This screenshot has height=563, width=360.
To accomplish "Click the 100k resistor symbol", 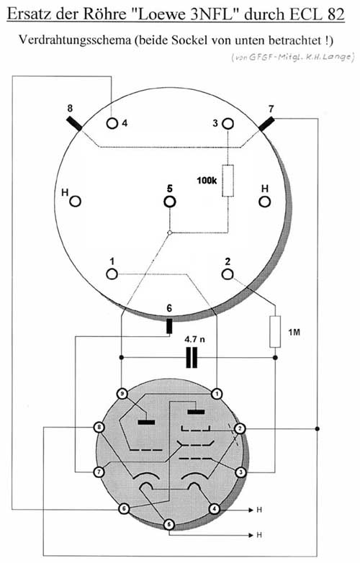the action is pyautogui.click(x=228, y=181).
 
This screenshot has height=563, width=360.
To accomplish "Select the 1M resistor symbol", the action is pyautogui.click(x=275, y=332).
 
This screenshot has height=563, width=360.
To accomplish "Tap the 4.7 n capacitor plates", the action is pyautogui.click(x=192, y=358).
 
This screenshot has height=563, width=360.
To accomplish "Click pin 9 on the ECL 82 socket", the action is pyautogui.click(x=122, y=395).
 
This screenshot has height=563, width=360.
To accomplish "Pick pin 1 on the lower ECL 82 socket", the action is pyautogui.click(x=216, y=395).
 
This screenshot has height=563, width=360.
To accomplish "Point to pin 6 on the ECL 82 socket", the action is pyautogui.click(x=124, y=509).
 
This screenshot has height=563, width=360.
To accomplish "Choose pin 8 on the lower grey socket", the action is pyautogui.click(x=99, y=427).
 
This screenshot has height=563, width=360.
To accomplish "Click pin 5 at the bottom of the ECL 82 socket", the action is pyautogui.click(x=169, y=525).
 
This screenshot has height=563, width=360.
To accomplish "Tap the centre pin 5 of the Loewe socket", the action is pyautogui.click(x=169, y=202).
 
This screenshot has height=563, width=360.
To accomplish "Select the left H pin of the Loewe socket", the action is pyautogui.click(x=75, y=202).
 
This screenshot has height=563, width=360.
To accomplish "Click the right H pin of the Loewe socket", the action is pyautogui.click(x=264, y=202).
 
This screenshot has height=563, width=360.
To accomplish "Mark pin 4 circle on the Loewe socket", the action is pyautogui.click(x=112, y=124).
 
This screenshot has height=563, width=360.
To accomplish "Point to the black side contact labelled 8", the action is pyautogui.click(x=74, y=123).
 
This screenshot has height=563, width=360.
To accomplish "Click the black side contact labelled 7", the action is pyautogui.click(x=266, y=123).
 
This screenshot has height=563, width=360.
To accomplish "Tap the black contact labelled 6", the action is pyautogui.click(x=169, y=326).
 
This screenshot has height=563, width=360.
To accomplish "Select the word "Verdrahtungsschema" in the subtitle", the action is pyautogui.click(x=75, y=40).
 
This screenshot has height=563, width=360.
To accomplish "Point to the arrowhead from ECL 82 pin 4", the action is pyautogui.click(x=251, y=510).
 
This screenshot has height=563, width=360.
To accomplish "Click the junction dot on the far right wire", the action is pyautogui.click(x=318, y=428).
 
